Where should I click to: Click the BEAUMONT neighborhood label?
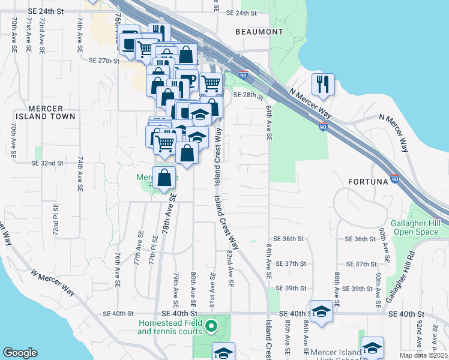259,31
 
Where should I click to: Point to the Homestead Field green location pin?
211,327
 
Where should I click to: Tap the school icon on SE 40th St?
322,311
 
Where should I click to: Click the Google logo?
20,353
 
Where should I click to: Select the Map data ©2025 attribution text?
423,355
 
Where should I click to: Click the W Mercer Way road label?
52,283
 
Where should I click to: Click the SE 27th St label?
104,61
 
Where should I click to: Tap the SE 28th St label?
249,95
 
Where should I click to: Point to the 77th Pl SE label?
154,254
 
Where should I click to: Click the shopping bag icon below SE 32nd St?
164,178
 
